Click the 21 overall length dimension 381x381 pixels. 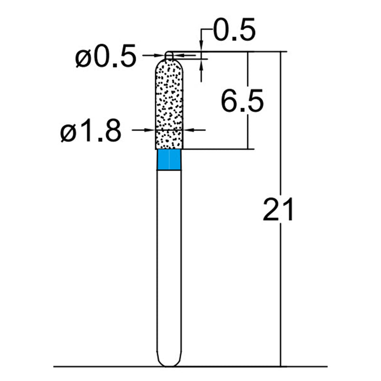[279, 210]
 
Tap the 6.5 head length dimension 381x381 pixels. [242, 101]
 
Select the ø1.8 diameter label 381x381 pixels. [90, 131]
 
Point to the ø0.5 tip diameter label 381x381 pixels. [105, 58]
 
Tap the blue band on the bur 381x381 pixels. [169, 160]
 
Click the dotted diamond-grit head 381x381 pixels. [170, 105]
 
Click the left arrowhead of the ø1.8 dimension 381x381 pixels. [152, 130]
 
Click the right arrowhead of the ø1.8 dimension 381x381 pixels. [188, 130]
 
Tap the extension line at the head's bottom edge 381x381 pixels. [214, 149]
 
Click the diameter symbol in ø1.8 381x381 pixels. [68, 132]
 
